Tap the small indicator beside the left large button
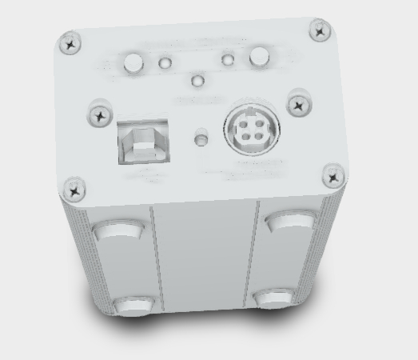[165, 62]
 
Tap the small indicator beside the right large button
[229, 59]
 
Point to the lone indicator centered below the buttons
[197, 81]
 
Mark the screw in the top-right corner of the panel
[320, 31]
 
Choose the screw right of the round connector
[298, 103]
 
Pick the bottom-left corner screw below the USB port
[75, 189]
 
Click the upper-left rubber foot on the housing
[116, 233]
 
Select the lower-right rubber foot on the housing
[277, 298]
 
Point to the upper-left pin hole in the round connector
[241, 122]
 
